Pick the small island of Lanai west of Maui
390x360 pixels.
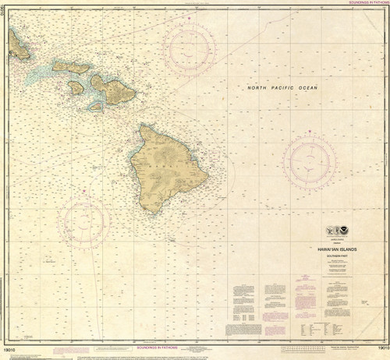(76, 87)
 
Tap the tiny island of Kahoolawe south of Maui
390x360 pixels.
(95, 104)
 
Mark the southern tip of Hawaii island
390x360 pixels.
(151, 213)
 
